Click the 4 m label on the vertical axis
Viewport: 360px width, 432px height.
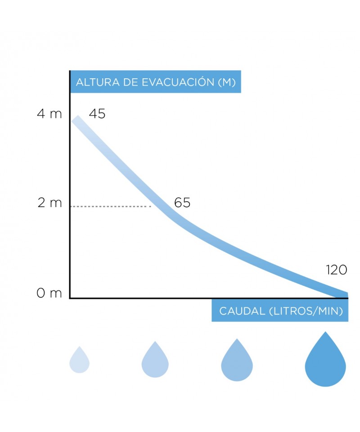coord(49,114)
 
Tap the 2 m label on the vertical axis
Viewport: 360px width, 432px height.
coord(49,203)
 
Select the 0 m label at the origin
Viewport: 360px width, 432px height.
coord(49,294)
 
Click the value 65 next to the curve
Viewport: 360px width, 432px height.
coord(182,203)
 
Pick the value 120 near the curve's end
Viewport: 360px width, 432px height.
coord(337,270)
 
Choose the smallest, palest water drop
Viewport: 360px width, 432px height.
coord(79,360)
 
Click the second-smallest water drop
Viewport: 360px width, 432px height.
coord(155,360)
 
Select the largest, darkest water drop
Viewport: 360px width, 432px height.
coord(325,360)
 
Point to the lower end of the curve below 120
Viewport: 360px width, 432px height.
coord(344,295)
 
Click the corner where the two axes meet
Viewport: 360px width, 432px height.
coord(70,298)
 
